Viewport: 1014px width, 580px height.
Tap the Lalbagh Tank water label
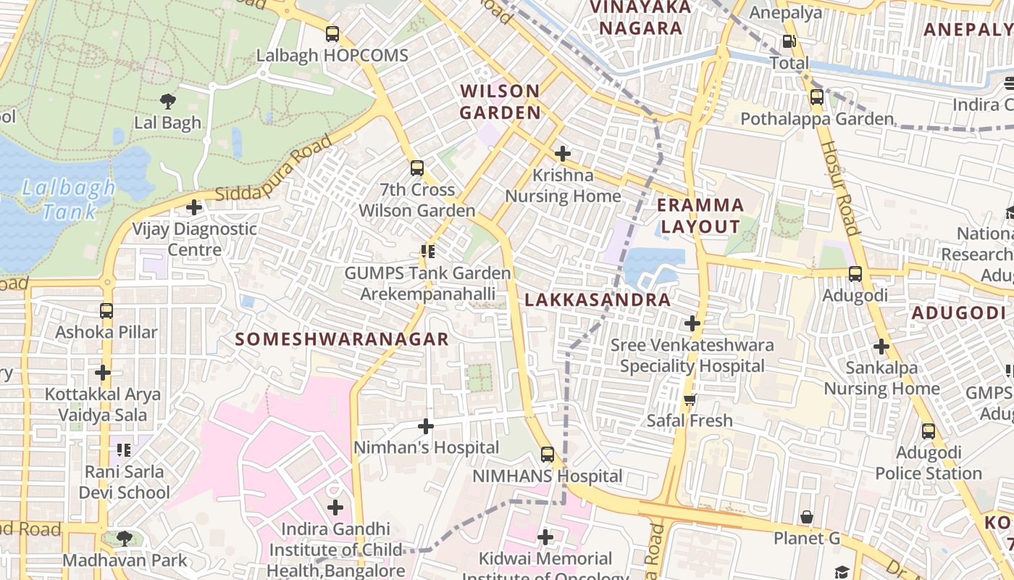point(68,200)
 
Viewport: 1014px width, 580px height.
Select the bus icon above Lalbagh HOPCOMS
point(332,34)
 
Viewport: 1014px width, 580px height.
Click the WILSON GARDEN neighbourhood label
point(500,101)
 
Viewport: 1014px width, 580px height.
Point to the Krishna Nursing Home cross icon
point(562,154)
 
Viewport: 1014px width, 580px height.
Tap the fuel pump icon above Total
point(789,42)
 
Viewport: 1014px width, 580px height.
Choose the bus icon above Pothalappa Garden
point(817,96)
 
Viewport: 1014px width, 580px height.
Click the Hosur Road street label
point(839,188)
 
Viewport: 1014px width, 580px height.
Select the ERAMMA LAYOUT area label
point(700,215)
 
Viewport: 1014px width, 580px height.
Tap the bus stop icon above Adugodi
point(855,274)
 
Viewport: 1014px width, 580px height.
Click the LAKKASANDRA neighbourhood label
point(598,299)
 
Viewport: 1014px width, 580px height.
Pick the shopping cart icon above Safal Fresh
point(690,399)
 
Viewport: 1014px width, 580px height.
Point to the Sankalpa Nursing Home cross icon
point(881,347)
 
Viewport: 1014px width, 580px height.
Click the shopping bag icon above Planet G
point(807,518)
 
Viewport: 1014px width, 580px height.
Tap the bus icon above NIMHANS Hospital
point(548,455)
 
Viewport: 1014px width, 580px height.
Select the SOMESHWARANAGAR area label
point(342,339)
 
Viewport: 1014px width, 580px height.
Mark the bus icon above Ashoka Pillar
point(106,311)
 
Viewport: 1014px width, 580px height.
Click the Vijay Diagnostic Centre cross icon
point(193,208)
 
